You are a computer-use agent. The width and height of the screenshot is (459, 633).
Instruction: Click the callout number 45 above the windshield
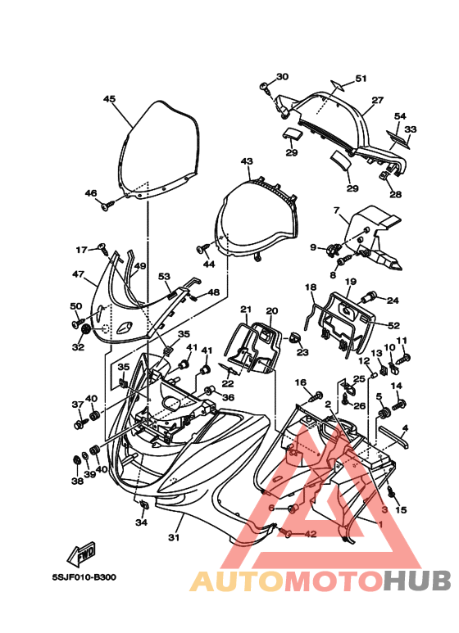pos(109,99)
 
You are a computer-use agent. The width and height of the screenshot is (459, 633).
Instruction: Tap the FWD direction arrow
pos(82,554)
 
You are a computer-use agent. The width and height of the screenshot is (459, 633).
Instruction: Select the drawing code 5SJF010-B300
pos(84,577)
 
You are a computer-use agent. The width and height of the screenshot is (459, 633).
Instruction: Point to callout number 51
pos(361,79)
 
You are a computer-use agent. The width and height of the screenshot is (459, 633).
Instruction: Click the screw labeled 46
pos(108,206)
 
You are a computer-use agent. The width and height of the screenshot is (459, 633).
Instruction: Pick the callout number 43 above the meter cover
pos(247,161)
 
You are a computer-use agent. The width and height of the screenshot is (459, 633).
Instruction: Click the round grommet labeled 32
pos(86,330)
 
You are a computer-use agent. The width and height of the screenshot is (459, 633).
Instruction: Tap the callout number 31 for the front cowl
pos(174,537)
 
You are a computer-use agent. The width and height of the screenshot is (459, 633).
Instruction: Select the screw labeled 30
pos(265,87)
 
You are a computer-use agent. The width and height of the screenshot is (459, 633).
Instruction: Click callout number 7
pos(337,210)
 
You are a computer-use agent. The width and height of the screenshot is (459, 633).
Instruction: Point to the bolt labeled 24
pos(370,298)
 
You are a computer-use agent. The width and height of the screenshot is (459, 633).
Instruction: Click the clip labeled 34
pos(143,504)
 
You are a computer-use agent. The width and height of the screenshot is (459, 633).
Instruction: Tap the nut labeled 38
pos(75,460)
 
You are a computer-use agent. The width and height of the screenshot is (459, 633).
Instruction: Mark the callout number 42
pos(311,534)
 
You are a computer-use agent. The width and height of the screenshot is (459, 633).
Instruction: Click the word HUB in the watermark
pos(417,581)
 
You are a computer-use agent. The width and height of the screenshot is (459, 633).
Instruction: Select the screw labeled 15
pos(392,491)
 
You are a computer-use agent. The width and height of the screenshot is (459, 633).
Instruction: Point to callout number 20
pos(272,311)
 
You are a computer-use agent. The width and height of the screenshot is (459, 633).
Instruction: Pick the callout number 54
pos(400,116)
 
